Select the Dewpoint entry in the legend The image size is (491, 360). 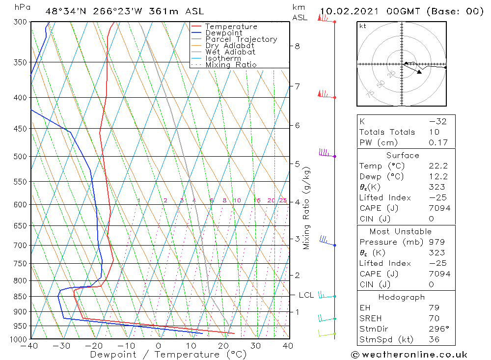[223, 33]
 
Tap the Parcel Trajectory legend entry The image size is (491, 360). [241, 39]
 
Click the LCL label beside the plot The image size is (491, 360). [306, 295]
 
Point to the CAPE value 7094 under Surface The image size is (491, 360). [438, 208]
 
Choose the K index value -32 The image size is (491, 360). [437, 122]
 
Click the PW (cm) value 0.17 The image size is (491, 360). [437, 143]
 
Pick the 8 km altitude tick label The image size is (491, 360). [297, 46]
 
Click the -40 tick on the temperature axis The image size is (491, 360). [30, 346]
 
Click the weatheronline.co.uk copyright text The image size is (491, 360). [409, 354]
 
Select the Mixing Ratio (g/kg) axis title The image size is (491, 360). [307, 208]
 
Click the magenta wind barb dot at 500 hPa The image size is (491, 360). [335, 157]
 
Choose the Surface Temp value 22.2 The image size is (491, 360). [437, 166]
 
